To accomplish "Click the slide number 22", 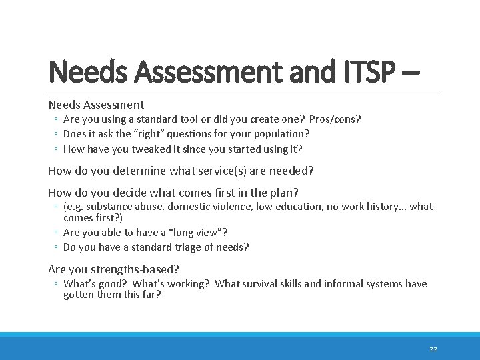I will (433, 349).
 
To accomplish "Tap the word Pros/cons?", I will (335, 119).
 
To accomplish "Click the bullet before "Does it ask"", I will (57, 135).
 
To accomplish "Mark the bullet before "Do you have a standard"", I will (57, 248).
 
